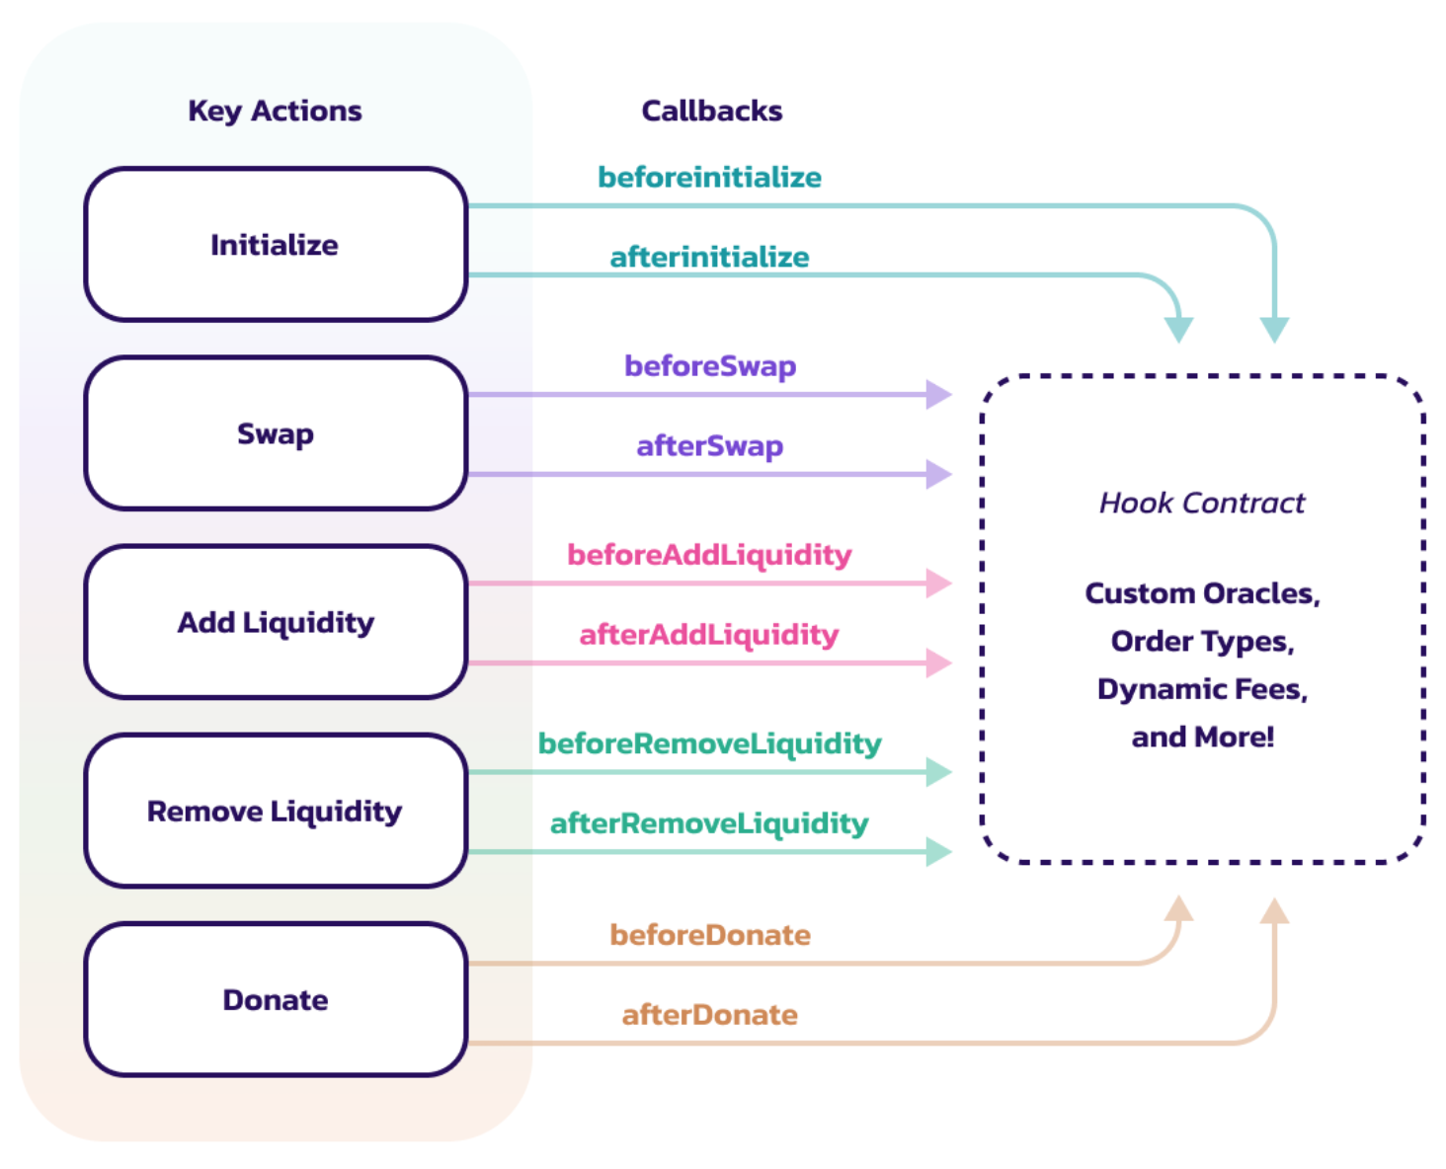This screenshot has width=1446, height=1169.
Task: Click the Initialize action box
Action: [276, 245]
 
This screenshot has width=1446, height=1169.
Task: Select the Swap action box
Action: [276, 433]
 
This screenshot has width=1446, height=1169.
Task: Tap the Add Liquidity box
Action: [276, 622]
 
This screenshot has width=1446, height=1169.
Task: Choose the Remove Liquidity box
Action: [276, 811]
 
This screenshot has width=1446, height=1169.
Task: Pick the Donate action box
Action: [276, 999]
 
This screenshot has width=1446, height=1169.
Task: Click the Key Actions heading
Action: [275, 111]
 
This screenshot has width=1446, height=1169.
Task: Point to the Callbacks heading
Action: [711, 111]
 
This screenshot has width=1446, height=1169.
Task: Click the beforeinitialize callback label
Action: [709, 177]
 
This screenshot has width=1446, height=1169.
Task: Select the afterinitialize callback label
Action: [709, 257]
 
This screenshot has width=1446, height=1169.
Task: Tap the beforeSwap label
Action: [709, 365]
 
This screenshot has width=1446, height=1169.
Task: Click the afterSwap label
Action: [709, 445]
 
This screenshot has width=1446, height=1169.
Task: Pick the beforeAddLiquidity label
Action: [709, 554]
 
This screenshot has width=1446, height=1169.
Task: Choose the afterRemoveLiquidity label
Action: [709, 822]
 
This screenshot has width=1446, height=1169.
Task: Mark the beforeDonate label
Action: [709, 934]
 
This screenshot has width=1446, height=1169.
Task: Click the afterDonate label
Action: [709, 1014]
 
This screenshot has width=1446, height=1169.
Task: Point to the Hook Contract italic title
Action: [1202, 503]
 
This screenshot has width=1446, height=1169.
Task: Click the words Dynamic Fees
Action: [1202, 688]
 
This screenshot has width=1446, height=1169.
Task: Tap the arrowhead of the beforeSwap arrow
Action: [938, 394]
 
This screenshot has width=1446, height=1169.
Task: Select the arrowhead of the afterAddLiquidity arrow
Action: [938, 662]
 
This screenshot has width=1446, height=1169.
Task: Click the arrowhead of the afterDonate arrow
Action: [1274, 910]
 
